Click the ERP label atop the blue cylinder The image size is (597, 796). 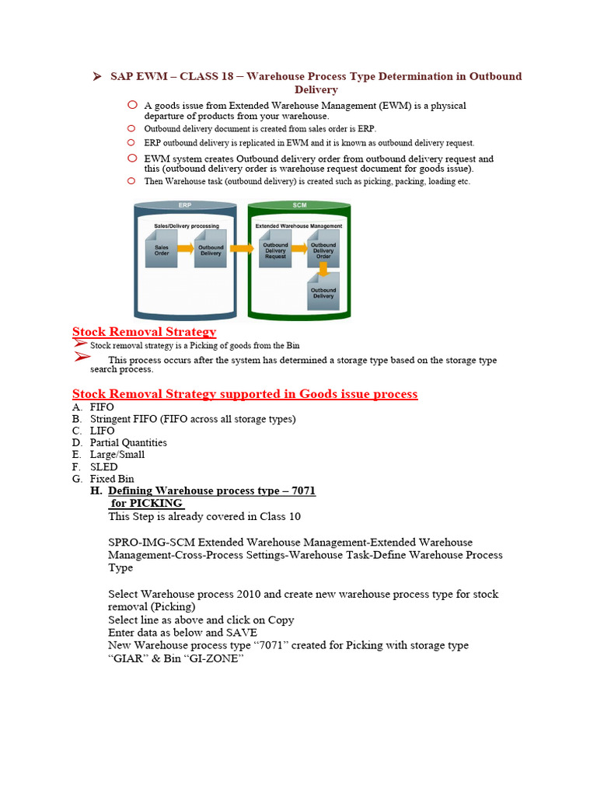pos(184,205)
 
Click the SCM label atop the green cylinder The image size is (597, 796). pos(299,205)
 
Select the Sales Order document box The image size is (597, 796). pos(162,250)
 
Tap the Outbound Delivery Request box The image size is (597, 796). pos(275,250)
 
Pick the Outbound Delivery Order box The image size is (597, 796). pos(323,250)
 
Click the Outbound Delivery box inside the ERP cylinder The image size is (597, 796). pos(210,250)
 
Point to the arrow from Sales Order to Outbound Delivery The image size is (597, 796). pos(186,249)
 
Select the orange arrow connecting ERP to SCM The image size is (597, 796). pos(242,249)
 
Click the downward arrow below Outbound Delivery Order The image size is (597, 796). pos(325,273)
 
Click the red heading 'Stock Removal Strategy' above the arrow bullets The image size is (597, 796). pos(144,332)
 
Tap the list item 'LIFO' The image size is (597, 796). pos(102,431)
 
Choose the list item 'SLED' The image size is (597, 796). pos(103,467)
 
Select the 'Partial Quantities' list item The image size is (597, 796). pos(128,442)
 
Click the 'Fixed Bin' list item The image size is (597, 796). pos(112,479)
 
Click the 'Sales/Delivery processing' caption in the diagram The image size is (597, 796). pos(186,225)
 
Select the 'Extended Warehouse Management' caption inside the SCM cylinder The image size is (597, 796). pos(298,225)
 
